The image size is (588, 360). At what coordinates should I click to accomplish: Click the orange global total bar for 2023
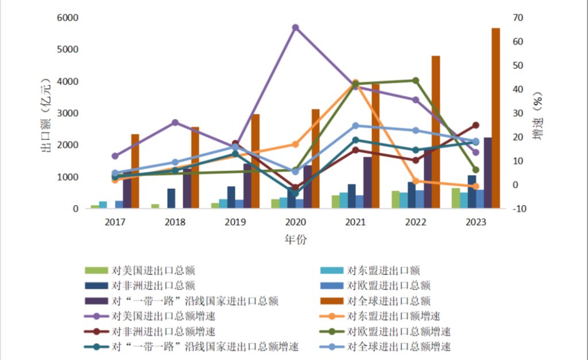click(x=496, y=118)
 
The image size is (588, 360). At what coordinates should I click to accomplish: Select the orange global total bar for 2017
click(x=135, y=171)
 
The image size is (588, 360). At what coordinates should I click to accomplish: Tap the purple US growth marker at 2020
click(x=296, y=28)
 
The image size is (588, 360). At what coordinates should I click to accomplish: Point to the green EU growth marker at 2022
click(x=416, y=80)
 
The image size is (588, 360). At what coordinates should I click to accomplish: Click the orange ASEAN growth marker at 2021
click(x=355, y=82)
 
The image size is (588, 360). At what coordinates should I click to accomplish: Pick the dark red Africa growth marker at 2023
click(x=475, y=125)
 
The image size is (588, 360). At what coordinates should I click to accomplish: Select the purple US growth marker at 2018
click(x=175, y=123)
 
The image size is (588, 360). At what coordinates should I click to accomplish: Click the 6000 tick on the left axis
click(x=68, y=18)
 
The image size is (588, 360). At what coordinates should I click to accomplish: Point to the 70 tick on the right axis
click(x=518, y=18)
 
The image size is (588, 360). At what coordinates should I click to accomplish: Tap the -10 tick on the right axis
click(x=519, y=209)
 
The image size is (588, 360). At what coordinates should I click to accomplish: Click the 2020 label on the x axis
click(x=296, y=222)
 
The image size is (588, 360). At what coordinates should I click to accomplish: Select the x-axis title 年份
click(x=296, y=239)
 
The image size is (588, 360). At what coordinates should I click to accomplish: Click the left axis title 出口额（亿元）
click(x=46, y=115)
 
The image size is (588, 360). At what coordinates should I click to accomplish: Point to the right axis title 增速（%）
click(x=537, y=115)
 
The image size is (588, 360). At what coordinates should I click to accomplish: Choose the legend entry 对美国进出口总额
click(x=140, y=270)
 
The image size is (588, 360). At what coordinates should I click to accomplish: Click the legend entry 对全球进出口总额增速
click(x=385, y=346)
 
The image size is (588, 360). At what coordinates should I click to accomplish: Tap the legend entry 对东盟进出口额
click(x=370, y=270)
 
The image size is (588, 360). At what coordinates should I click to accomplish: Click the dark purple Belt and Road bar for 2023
click(x=488, y=173)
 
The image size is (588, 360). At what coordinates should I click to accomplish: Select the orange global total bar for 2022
click(x=436, y=132)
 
